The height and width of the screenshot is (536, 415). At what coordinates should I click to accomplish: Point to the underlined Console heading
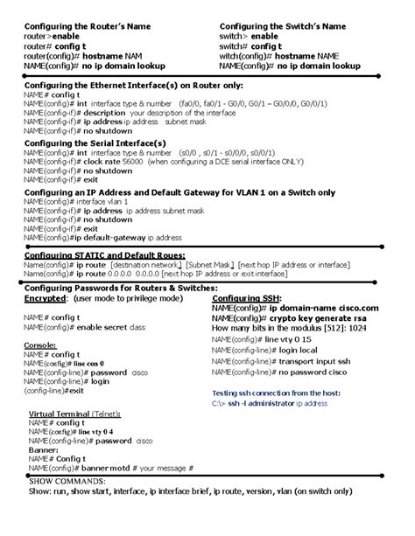coord(39,345)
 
